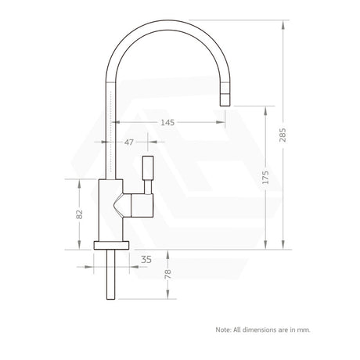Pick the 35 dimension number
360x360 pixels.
point(146,259)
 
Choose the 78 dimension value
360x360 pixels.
point(167,274)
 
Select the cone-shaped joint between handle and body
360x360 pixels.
point(121,207)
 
